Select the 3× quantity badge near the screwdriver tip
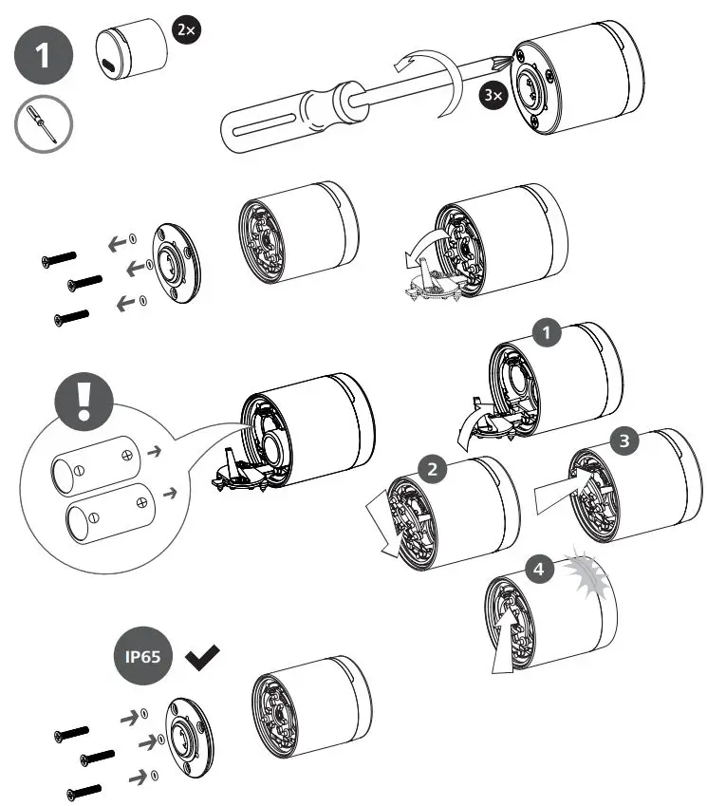click(x=493, y=97)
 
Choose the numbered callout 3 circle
click(x=623, y=441)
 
